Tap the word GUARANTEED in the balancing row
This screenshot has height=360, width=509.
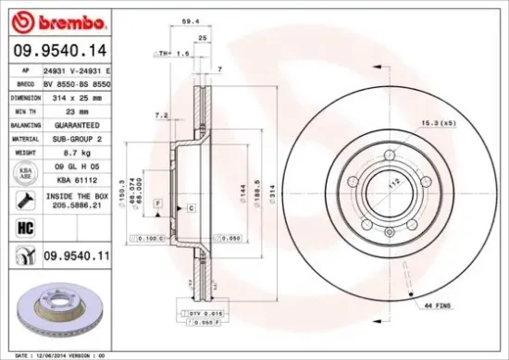(77, 123)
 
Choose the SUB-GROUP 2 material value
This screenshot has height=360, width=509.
(77, 137)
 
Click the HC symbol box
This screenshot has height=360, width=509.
(23, 226)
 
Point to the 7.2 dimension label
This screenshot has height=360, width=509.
(162, 116)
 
